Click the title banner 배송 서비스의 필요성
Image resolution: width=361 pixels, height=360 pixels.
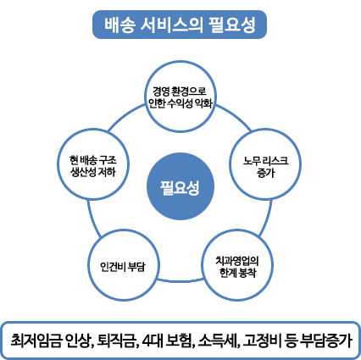[x=180, y=25]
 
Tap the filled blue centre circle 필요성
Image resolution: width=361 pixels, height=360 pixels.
[x=180, y=186]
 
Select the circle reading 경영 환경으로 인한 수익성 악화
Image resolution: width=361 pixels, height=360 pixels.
[x=180, y=97]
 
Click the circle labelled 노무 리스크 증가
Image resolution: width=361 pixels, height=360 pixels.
[x=265, y=164]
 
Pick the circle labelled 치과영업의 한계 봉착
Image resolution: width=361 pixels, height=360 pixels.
[x=237, y=265]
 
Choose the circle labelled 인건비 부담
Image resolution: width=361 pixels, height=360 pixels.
[x=124, y=265]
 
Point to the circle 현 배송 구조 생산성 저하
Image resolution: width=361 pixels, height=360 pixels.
[x=93, y=164]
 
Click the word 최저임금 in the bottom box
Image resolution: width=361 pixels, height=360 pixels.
[x=36, y=340]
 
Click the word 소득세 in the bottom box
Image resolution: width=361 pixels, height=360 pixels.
[x=216, y=340]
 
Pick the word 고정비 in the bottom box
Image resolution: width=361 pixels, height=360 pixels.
[x=262, y=340]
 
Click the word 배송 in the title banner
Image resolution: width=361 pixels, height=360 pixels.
[x=119, y=25]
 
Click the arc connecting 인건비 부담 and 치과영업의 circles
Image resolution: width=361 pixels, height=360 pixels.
[x=180, y=280]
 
